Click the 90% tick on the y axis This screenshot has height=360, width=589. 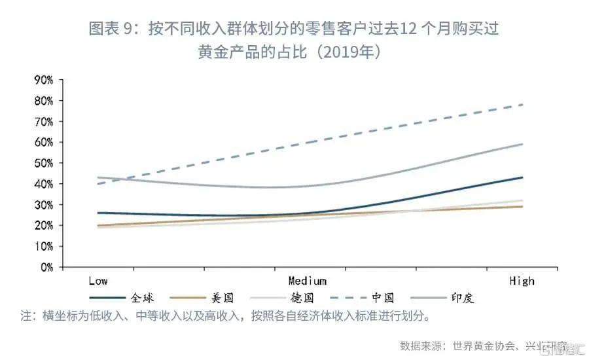pyautogui.click(x=43, y=80)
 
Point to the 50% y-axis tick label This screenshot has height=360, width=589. pyautogui.click(x=43, y=163)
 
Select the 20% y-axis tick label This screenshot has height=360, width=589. pyautogui.click(x=43, y=225)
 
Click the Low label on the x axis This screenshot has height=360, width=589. pyautogui.click(x=98, y=281)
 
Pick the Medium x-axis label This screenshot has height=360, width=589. pyautogui.click(x=307, y=281)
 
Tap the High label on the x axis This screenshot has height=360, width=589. pyautogui.click(x=522, y=281)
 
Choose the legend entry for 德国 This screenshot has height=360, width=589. pyautogui.click(x=301, y=297)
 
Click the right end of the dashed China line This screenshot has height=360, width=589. pyautogui.click(x=522, y=105)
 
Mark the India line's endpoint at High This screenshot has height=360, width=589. pyautogui.click(x=522, y=144)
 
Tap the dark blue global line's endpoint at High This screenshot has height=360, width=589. pyautogui.click(x=522, y=177)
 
